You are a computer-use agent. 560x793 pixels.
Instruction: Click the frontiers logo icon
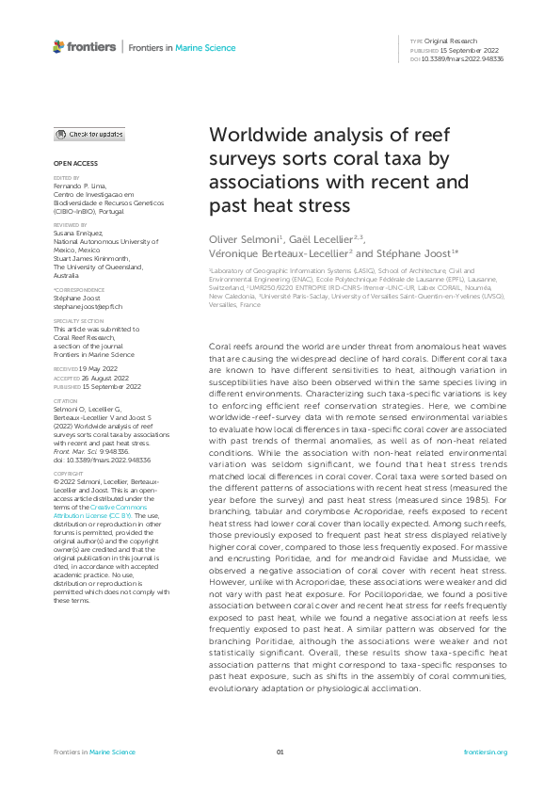pyautogui.click(x=58, y=46)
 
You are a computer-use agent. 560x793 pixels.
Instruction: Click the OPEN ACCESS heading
pyautogui.click(x=74, y=163)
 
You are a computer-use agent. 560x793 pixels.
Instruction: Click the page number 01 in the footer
pyautogui.click(x=280, y=753)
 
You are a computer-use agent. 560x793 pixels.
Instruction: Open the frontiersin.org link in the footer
pyautogui.click(x=486, y=753)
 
